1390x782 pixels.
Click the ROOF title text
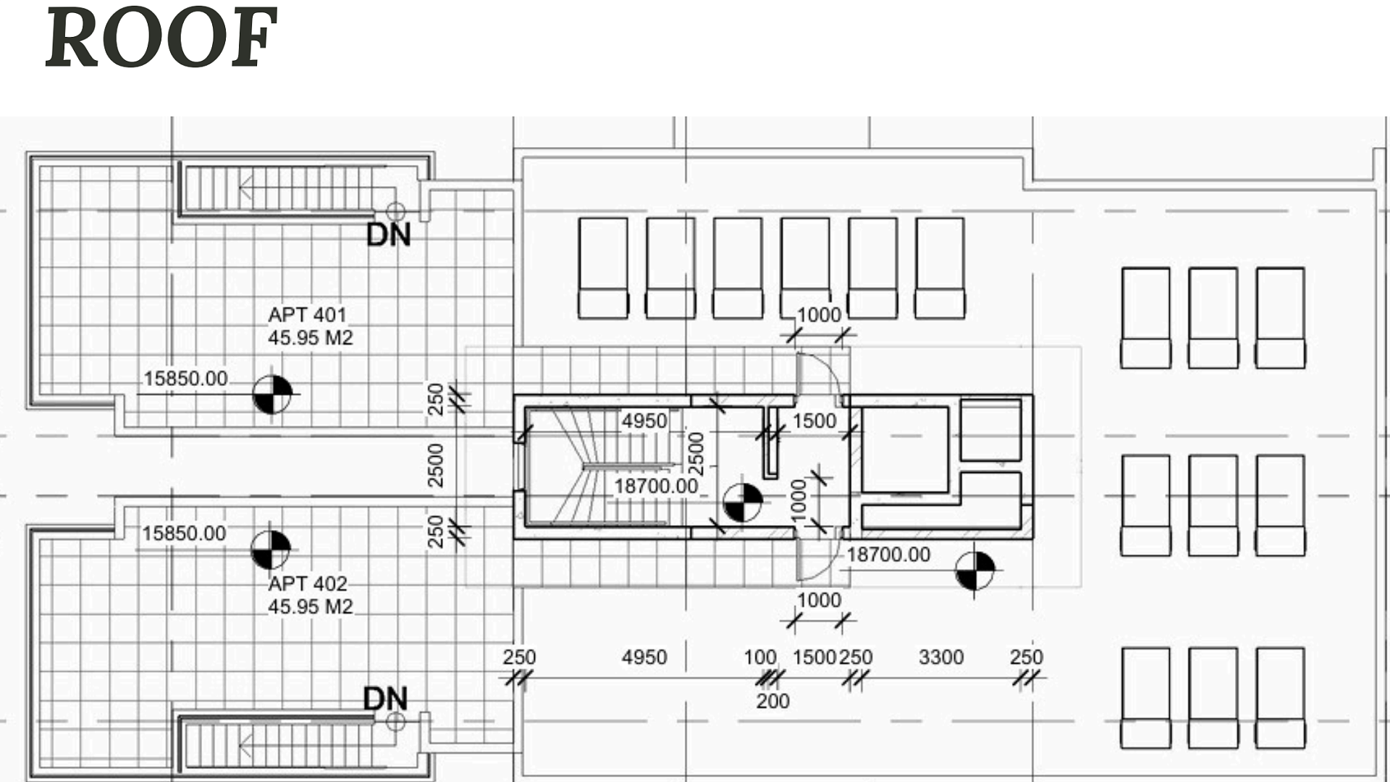point(161,38)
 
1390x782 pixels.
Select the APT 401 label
point(307,315)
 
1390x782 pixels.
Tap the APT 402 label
point(307,584)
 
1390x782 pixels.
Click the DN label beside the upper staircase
point(389,235)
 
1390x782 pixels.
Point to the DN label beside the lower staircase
point(385,699)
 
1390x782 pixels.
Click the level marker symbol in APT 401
point(272,395)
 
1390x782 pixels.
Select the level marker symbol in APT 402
point(271,550)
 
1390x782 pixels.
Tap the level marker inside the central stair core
point(743,503)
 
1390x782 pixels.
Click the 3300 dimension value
point(941,657)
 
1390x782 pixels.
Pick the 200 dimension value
point(772,701)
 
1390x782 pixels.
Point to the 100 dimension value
point(760,657)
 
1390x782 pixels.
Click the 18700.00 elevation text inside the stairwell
point(656,486)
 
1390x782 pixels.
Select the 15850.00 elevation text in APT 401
point(185,379)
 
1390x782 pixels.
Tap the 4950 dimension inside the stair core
point(644,421)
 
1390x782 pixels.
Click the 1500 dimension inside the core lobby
point(814,421)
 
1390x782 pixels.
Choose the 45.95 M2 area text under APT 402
point(311,607)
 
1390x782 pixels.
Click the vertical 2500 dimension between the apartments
point(435,466)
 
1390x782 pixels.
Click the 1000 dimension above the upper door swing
point(819,315)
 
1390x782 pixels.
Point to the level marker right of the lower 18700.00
point(974,571)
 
